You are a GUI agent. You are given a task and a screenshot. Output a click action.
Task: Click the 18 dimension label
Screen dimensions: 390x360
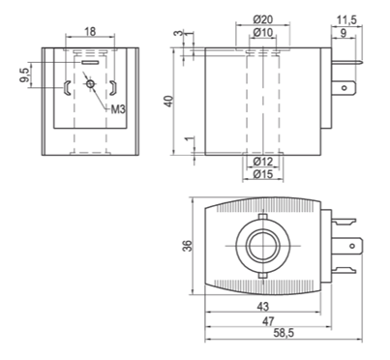(x=90, y=32)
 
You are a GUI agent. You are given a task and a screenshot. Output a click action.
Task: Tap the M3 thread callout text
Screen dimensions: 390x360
(x=117, y=109)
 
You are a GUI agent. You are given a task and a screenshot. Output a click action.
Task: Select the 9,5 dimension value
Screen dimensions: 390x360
(x=24, y=75)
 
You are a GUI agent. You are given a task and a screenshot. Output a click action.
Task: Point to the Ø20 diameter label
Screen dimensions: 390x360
(x=263, y=19)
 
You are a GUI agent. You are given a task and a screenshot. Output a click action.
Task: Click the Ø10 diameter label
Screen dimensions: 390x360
(x=262, y=32)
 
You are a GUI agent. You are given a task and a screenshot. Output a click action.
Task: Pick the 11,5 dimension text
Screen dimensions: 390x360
(x=346, y=20)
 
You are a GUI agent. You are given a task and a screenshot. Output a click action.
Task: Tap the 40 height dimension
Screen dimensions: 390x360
(x=169, y=102)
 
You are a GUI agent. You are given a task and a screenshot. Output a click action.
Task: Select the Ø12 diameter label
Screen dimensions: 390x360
(x=263, y=162)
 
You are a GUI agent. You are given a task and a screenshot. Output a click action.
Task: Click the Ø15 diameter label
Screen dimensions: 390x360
(x=263, y=174)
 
